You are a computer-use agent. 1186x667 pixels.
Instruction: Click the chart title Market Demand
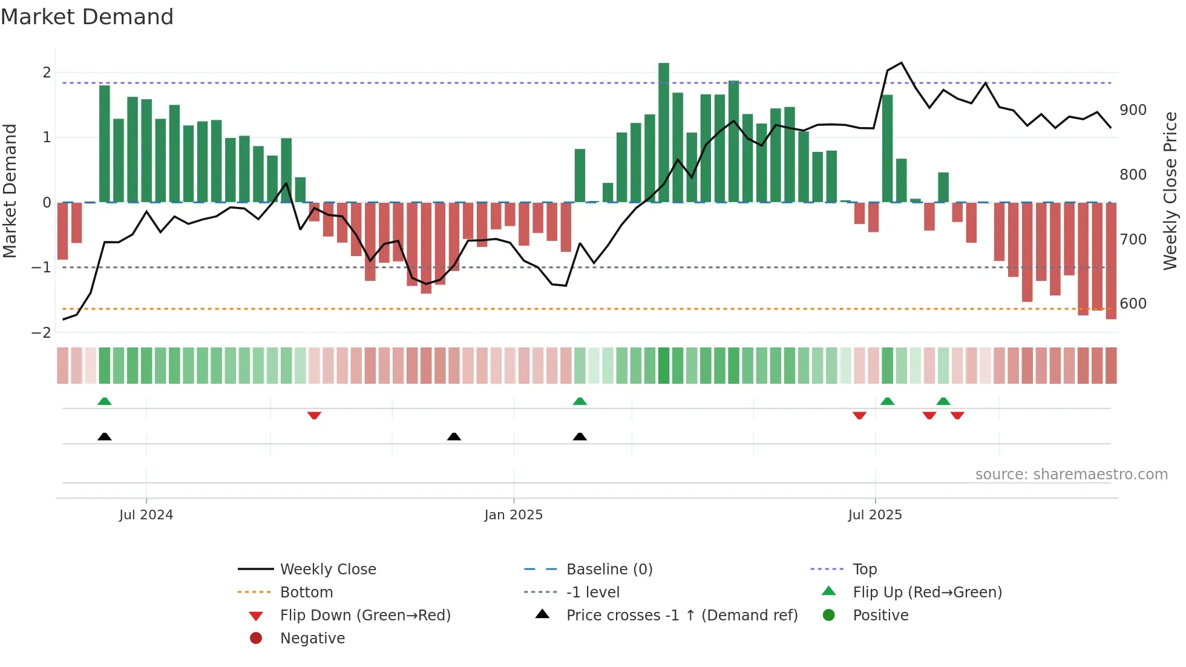pos(87,17)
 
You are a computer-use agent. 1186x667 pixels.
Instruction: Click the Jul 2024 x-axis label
pos(146,515)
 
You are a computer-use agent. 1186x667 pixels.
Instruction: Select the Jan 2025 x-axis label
pos(513,515)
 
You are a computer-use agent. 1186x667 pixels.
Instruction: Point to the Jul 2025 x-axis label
pos(874,515)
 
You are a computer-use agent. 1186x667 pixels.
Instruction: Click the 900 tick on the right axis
pos(1133,110)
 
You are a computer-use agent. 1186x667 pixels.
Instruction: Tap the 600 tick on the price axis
pos(1133,304)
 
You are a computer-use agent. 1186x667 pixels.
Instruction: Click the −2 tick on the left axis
pos(42,333)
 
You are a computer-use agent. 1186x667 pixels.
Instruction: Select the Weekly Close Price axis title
pos(1170,191)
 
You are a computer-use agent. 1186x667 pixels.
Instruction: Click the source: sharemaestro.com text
pos(1071,475)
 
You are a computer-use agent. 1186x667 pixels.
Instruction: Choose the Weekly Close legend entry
pos(327,570)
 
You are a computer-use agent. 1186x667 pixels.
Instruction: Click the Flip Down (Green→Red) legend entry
pos(365,616)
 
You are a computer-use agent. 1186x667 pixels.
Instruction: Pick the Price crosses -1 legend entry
pos(681,616)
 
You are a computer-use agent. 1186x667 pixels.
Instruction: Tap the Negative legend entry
pos(312,639)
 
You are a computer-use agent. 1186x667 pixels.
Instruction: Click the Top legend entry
pos(864,570)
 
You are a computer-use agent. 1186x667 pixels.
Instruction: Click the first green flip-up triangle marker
pos(105,401)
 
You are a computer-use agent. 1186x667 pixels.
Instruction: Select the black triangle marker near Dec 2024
pos(454,436)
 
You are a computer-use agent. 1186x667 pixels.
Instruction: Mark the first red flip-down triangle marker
pos(314,415)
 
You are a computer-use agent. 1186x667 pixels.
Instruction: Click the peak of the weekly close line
pos(902,63)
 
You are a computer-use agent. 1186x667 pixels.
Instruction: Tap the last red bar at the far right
pos(1111,260)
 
